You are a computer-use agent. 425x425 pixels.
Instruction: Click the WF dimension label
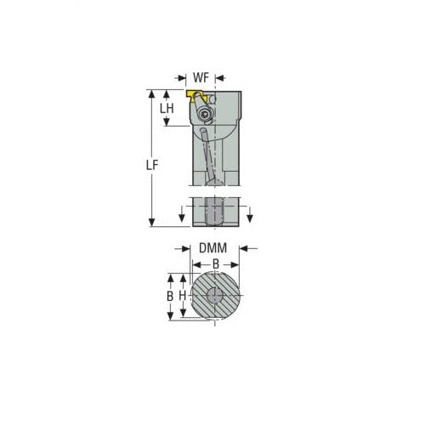point(200,78)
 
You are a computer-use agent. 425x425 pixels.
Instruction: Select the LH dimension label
point(167,109)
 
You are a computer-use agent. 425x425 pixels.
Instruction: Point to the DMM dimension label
point(212,248)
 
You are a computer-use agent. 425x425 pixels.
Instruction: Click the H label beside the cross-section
point(181,297)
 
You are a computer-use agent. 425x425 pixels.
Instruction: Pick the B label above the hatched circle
point(215,264)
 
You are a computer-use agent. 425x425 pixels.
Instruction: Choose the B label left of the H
point(170,297)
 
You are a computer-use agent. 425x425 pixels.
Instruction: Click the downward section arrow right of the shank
point(250,220)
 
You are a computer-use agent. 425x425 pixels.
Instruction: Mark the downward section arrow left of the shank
point(182,220)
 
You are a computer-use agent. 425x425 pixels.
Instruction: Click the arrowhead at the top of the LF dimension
point(152,92)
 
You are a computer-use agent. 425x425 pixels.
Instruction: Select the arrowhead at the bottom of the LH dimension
point(167,124)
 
